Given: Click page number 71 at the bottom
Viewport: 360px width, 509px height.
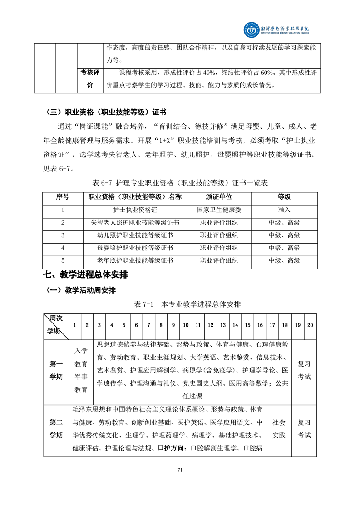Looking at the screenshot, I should pyautogui.click(x=180, y=470).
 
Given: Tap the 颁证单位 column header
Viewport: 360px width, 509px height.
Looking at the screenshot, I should pyautogui.click(x=219, y=196).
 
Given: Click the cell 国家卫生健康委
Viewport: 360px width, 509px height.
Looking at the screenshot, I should pyautogui.click(x=219, y=210).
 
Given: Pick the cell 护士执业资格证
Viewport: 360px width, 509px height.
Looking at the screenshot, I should pyautogui.click(x=135, y=210).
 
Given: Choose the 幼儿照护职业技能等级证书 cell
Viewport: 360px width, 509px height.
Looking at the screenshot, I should pyautogui.click(x=135, y=235).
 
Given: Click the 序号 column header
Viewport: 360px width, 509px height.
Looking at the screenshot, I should pyautogui.click(x=63, y=196).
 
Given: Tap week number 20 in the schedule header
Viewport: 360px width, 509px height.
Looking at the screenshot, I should pyautogui.click(x=310, y=325).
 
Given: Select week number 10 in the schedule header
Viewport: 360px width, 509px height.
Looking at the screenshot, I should pyautogui.click(x=186, y=325).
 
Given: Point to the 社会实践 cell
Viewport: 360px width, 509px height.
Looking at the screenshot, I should pyautogui.click(x=279, y=429).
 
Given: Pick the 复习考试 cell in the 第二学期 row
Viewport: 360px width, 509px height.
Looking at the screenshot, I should pyautogui.click(x=304, y=429).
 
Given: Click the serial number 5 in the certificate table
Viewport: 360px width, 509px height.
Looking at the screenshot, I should pyautogui.click(x=63, y=260).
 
